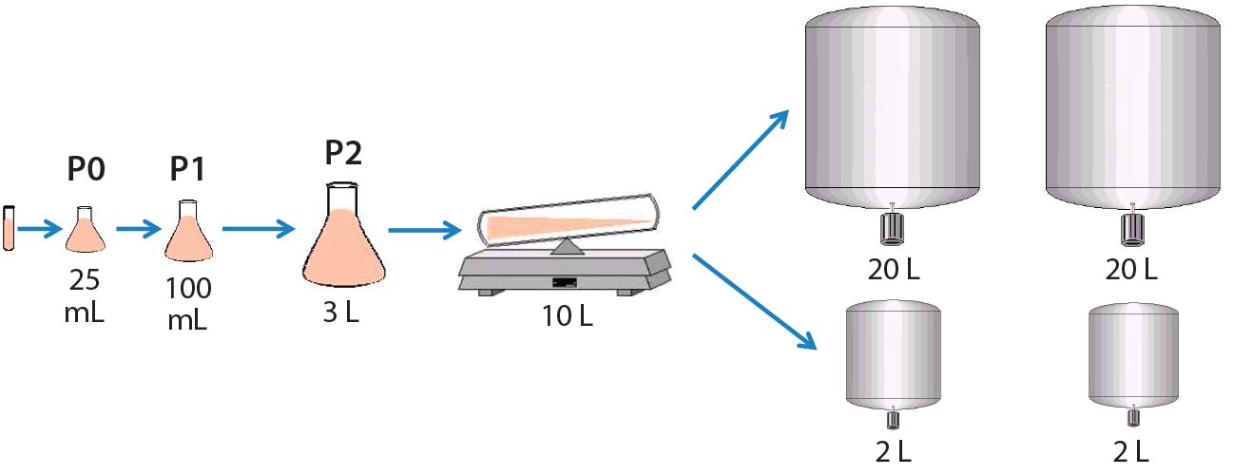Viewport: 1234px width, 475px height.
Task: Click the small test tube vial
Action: click(x=10, y=228)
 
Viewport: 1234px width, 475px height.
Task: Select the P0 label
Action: click(x=86, y=170)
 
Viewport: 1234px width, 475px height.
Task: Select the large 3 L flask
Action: click(x=344, y=242)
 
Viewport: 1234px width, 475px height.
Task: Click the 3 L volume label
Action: click(x=341, y=313)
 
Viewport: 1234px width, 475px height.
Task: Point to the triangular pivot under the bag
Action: click(x=568, y=247)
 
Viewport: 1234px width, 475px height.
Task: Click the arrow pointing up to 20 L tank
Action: click(x=741, y=158)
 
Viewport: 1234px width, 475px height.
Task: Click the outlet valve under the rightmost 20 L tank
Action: click(x=1131, y=228)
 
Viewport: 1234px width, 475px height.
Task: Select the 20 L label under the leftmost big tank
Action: click(x=892, y=270)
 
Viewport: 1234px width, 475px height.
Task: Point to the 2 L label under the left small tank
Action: click(x=892, y=449)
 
